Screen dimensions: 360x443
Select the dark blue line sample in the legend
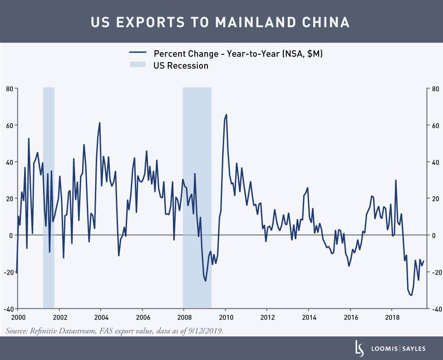tap(137, 54)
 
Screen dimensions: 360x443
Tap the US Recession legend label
tap(181, 66)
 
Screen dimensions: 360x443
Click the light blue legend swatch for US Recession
tap(137, 66)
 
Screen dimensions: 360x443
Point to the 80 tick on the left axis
tap(9, 89)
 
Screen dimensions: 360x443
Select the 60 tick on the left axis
tap(9, 126)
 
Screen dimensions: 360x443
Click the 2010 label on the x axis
tap(226, 317)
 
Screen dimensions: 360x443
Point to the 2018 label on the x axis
tap(392, 317)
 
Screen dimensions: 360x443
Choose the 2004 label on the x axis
tap(101, 317)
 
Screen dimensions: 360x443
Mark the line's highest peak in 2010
tap(226, 115)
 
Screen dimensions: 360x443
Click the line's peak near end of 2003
tap(99, 123)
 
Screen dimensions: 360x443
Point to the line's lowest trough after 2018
tap(411, 295)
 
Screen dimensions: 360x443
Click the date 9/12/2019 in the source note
tap(207, 331)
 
